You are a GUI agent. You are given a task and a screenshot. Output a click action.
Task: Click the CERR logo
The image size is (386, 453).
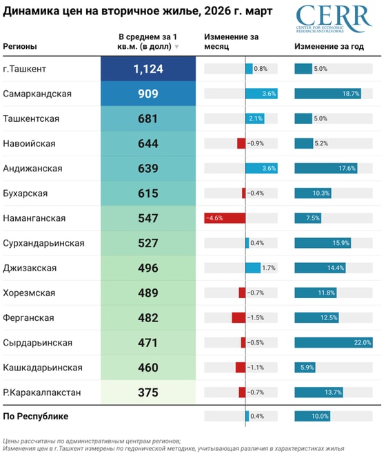click(x=334, y=19)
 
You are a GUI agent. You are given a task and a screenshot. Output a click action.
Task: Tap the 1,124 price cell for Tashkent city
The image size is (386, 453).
click(x=148, y=69)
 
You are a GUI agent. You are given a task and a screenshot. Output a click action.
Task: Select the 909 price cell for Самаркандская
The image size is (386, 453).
click(x=148, y=94)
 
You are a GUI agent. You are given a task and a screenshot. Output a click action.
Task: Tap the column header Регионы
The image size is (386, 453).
click(x=20, y=46)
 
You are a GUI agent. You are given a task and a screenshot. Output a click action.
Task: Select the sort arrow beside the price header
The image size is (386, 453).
click(x=177, y=47)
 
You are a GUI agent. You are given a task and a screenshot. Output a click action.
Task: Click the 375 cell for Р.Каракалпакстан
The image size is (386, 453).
click(x=148, y=392)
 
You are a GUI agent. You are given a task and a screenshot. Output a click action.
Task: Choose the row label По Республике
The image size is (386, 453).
click(x=36, y=416)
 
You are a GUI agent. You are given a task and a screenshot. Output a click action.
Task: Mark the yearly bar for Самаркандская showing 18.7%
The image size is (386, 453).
click(x=327, y=94)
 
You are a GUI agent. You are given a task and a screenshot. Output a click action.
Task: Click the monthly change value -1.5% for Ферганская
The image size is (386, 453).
click(x=256, y=317)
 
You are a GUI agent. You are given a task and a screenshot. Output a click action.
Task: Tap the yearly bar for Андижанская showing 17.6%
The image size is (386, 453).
click(x=326, y=168)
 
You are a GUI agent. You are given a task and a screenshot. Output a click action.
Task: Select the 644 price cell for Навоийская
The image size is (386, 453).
click(x=148, y=143)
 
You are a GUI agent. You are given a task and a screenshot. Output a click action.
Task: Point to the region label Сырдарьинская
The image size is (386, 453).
click(x=37, y=342)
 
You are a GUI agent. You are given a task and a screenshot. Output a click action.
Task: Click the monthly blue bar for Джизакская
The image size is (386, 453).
click(x=253, y=267)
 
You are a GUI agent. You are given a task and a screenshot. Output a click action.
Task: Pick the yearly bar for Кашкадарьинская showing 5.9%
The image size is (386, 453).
click(x=305, y=367)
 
